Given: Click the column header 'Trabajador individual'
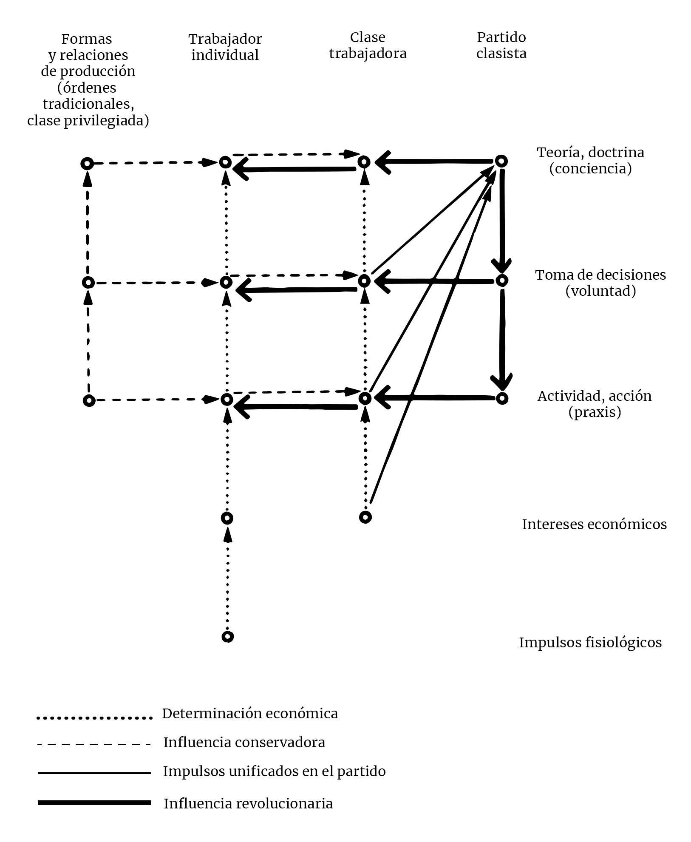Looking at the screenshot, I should point(225,47).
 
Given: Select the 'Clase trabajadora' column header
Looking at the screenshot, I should point(368,45).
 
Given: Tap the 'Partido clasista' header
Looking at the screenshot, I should point(501,45).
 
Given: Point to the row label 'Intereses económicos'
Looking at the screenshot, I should point(594,524).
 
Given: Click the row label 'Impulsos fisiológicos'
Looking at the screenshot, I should point(590,642).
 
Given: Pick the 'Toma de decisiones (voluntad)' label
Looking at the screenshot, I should point(600,283).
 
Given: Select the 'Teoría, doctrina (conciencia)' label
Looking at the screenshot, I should point(590,160).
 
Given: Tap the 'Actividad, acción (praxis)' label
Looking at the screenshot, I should point(595,404).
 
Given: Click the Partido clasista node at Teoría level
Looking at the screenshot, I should point(501,162).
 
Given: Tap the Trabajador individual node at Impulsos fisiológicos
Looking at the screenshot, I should point(228,636).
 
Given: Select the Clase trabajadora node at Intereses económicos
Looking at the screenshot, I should point(365,517).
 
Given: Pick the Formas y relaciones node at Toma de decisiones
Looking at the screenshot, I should point(88,282).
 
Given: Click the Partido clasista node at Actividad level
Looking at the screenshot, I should point(502,398).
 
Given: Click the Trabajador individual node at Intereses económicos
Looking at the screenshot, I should point(227,518).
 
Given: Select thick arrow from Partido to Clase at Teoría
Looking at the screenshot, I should point(433,162).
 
